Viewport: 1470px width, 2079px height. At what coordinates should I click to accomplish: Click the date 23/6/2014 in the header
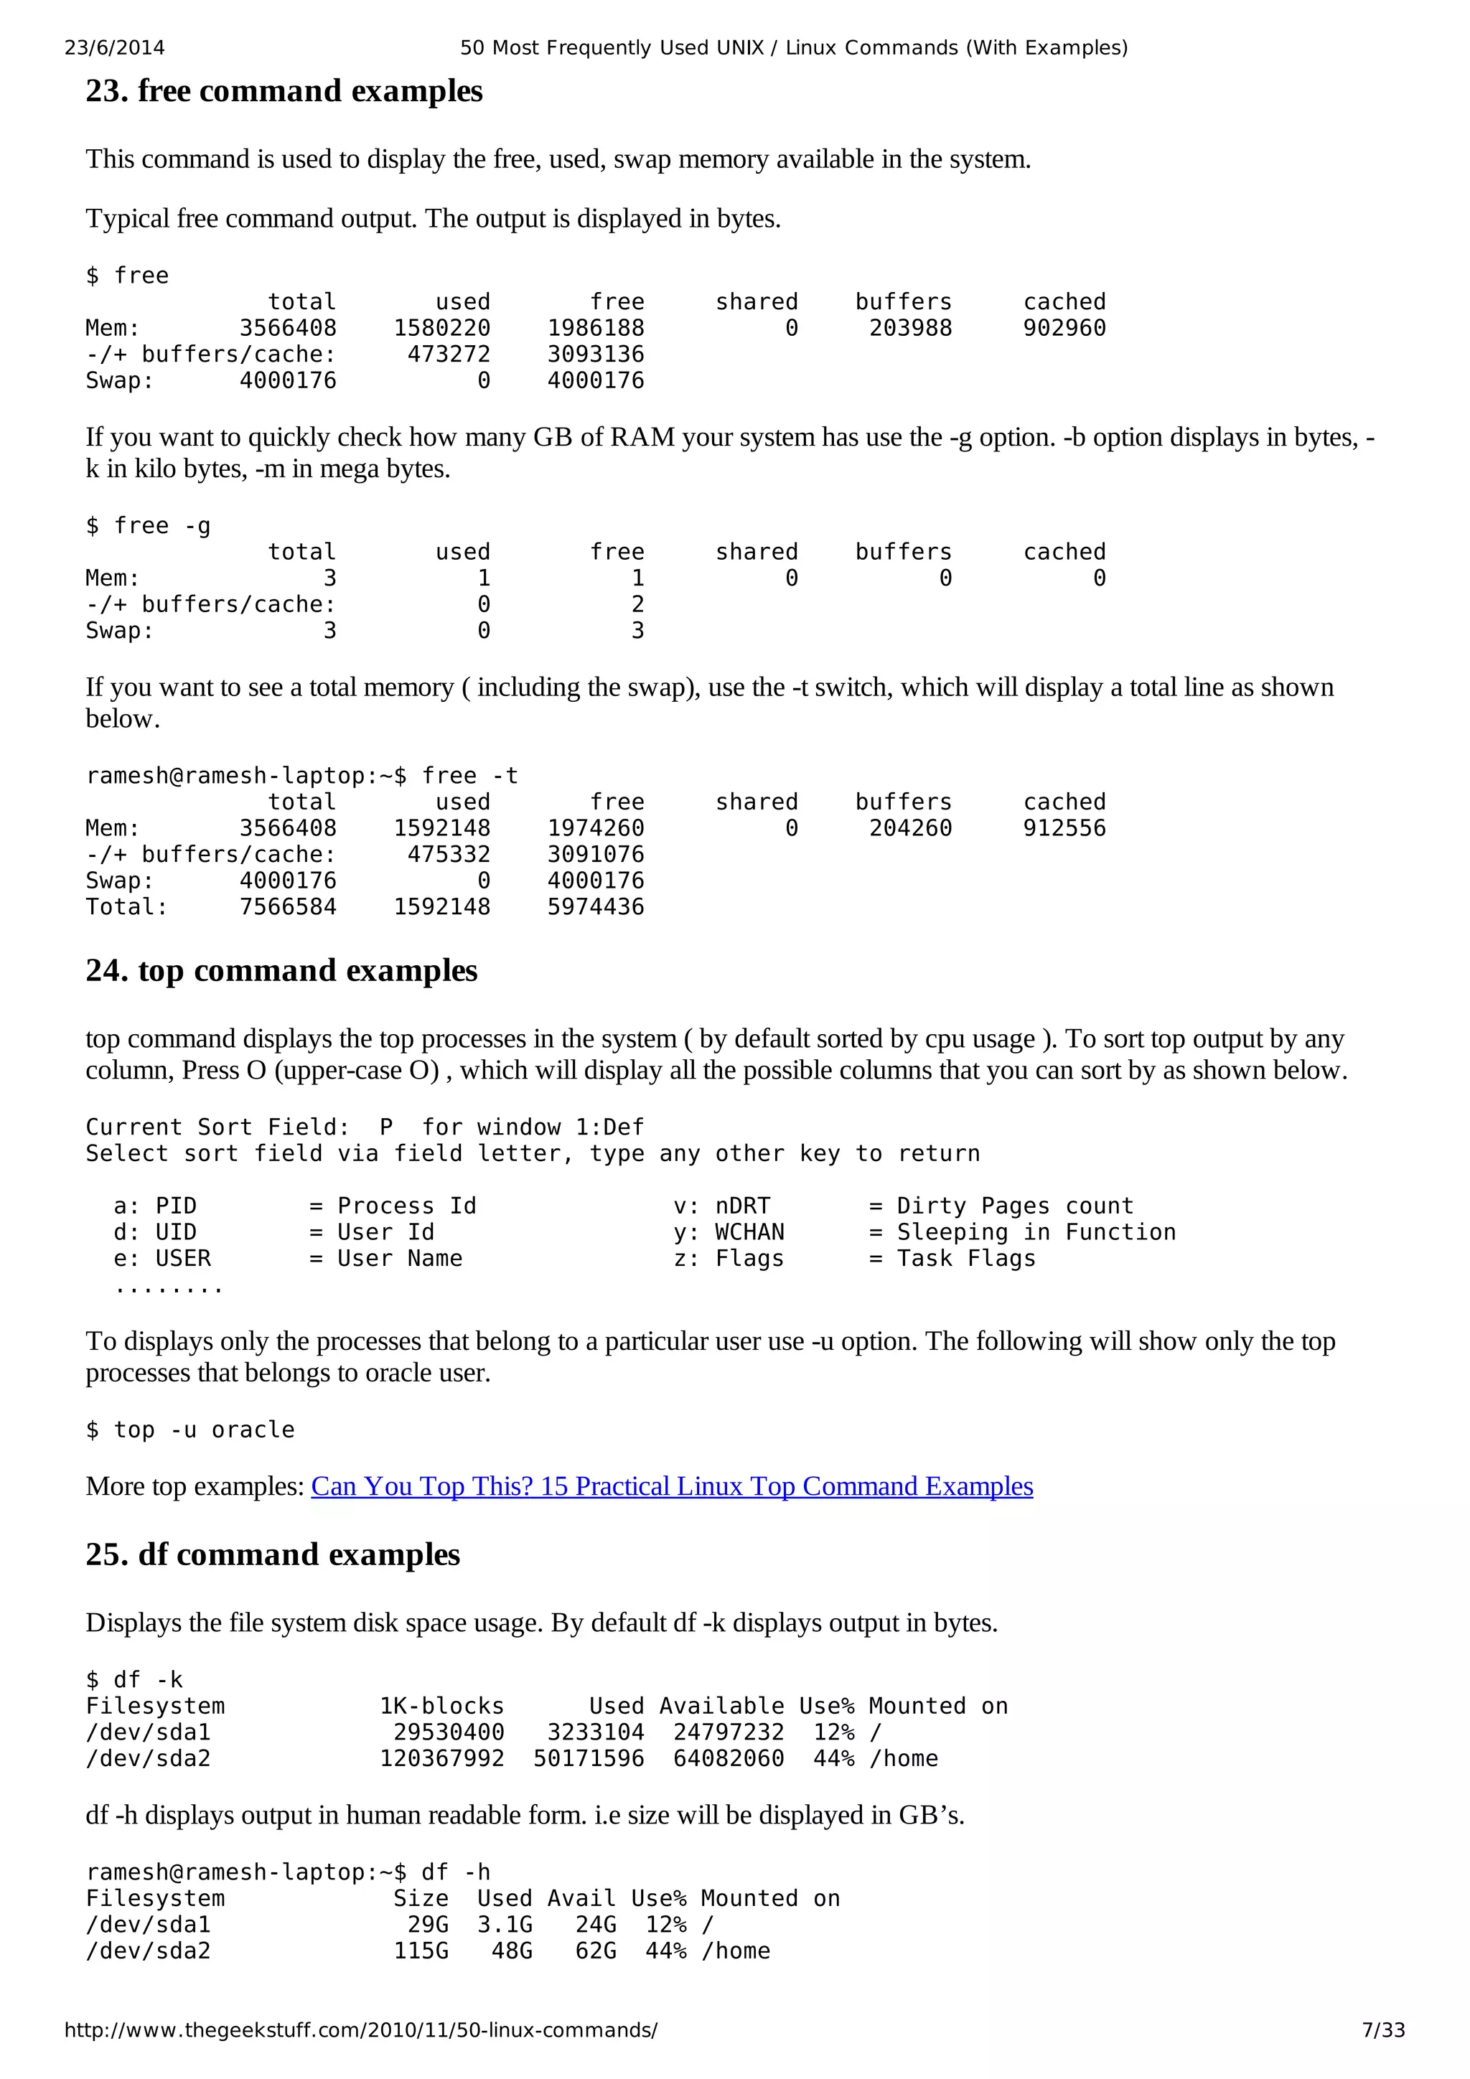coord(114,48)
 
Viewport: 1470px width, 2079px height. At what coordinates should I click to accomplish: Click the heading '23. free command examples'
coord(284,91)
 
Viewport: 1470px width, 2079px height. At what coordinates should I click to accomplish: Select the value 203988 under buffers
coord(910,329)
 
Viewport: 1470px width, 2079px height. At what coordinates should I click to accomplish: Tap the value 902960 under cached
coord(1064,329)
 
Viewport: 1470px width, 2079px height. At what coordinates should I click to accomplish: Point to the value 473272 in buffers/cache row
coord(449,355)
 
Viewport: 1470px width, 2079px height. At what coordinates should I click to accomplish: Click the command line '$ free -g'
coord(148,526)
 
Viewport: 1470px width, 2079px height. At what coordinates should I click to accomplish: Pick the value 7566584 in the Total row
coord(287,907)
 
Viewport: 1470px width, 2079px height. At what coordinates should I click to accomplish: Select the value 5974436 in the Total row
coord(595,907)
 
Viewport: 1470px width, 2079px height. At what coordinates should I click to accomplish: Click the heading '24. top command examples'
coord(281,971)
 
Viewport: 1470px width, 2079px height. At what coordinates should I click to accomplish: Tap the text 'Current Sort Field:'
coord(217,1127)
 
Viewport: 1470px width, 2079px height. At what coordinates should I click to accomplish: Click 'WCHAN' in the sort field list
coord(749,1232)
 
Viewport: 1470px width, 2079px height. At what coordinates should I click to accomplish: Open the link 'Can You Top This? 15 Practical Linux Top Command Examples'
coord(671,1487)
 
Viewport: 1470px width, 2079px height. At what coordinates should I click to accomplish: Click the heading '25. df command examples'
coord(273,1554)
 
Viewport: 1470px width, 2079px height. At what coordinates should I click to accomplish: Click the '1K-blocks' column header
coord(441,1706)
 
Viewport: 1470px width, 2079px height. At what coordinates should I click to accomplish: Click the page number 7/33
coord(1383,2030)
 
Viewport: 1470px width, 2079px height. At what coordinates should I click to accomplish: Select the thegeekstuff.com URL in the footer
coord(360,2030)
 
